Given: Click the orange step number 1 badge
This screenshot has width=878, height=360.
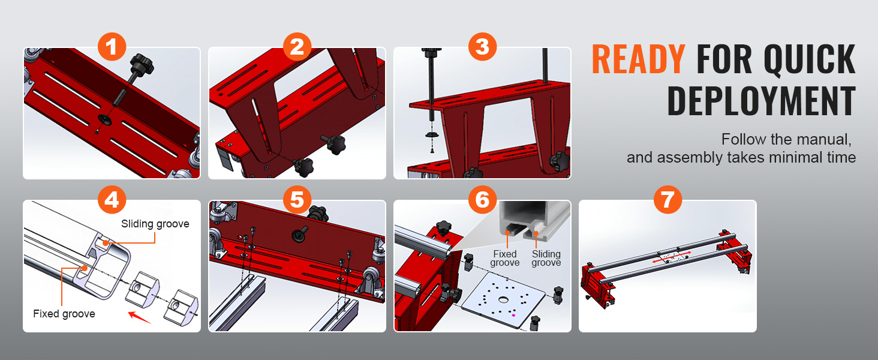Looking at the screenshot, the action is pos(112,47).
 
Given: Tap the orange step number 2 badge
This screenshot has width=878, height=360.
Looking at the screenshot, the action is pos(297,47).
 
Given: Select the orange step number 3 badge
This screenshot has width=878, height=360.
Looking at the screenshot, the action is pos(483,47).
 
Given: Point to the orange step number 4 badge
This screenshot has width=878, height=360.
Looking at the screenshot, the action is pos(112,200).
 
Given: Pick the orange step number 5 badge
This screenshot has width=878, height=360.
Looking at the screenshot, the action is pos(297,200).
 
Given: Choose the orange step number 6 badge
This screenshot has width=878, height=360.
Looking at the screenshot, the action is pos(483,200).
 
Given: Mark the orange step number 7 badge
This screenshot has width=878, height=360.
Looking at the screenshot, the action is pos(668,200).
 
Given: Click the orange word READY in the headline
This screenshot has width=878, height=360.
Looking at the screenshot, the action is pos(639,59).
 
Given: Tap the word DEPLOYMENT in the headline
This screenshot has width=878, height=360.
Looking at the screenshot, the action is pos(761,101).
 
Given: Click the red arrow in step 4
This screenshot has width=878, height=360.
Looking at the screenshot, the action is pos(140,317).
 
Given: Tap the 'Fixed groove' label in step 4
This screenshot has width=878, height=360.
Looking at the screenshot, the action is pos(64,314).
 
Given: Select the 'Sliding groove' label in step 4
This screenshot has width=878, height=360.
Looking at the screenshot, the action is pos(155,224).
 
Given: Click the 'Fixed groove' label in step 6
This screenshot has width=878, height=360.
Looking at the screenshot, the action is pos(505,259).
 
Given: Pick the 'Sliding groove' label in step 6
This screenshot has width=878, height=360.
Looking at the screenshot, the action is pos(546,259).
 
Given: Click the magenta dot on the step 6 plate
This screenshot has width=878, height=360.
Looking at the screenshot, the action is pos(513,315).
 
